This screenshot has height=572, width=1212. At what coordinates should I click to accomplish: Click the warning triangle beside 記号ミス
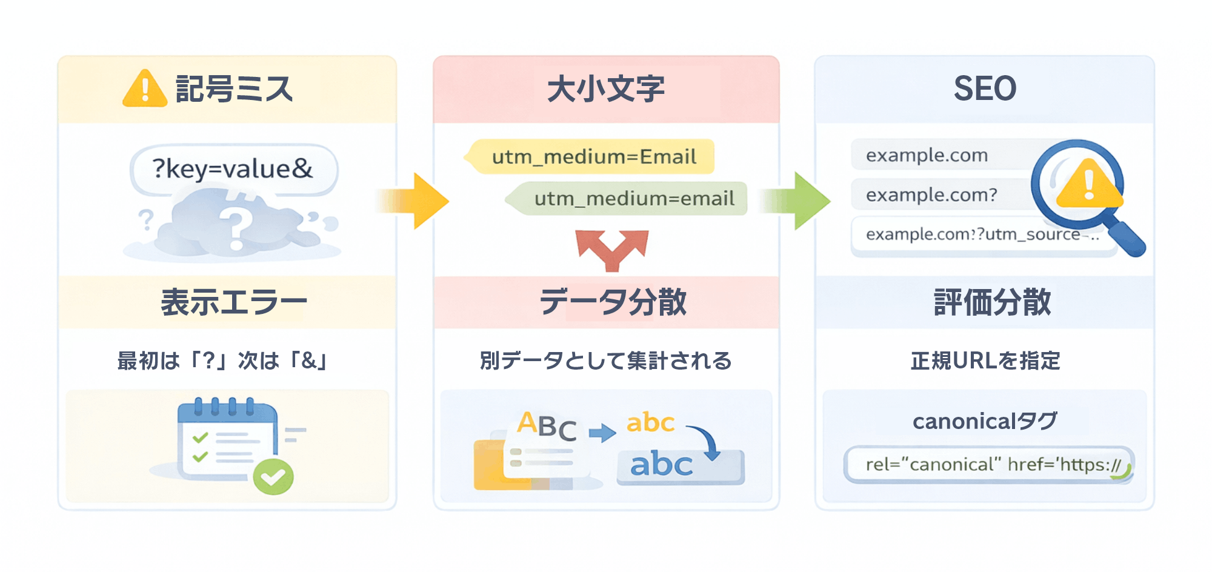tap(144, 89)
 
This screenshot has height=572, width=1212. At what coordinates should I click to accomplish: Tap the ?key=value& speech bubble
tap(233, 169)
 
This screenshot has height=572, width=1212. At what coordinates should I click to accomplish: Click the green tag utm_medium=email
tap(630, 199)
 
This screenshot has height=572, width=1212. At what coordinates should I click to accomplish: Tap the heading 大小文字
tap(606, 89)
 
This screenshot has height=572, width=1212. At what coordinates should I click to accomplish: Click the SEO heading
tap(985, 89)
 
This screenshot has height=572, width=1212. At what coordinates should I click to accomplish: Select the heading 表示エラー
tap(233, 302)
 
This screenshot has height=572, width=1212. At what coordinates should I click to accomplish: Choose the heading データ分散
tap(612, 302)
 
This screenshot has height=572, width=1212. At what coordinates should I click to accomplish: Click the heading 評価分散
tap(992, 302)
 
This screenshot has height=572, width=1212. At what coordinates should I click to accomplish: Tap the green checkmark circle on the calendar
tap(273, 477)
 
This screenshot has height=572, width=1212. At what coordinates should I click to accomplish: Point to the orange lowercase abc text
tap(650, 422)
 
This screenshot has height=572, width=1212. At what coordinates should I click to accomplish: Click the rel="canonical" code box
tap(988, 465)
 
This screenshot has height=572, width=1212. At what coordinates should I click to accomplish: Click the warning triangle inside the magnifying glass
tap(1088, 185)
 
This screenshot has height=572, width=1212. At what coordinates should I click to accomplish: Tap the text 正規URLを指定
tap(985, 361)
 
